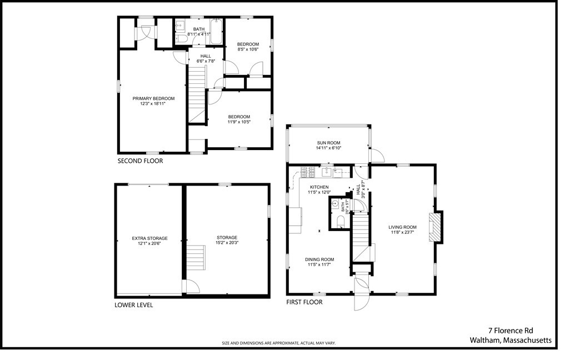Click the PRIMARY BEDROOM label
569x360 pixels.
pyautogui.click(x=153, y=98)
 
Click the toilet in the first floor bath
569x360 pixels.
pyautogui.click(x=341, y=222)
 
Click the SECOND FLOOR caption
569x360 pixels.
pyautogui.click(x=140, y=161)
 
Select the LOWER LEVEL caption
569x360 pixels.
pyautogui.click(x=133, y=305)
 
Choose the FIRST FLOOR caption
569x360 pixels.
pyautogui.click(x=304, y=302)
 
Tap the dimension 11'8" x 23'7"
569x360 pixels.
pyautogui.click(x=402, y=233)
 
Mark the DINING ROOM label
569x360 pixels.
pyautogui.click(x=320, y=259)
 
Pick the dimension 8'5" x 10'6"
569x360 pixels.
pyautogui.click(x=248, y=49)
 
